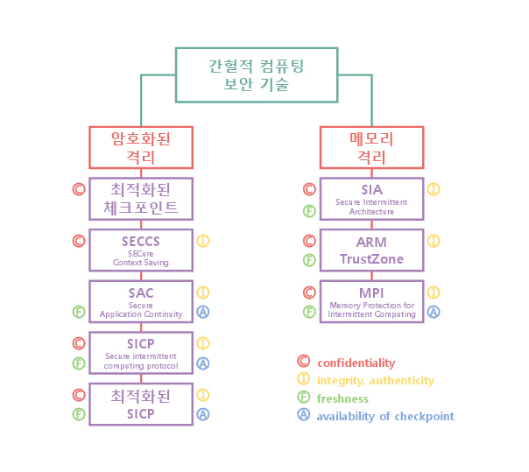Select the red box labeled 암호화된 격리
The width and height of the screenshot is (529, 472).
tap(141, 147)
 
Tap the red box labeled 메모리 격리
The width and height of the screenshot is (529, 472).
tap(371, 147)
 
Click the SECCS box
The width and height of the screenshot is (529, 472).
tap(141, 250)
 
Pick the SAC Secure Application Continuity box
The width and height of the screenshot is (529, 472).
tap(141, 300)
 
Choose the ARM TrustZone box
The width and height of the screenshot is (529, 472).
tap(371, 250)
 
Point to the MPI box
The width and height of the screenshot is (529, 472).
tap(371, 300)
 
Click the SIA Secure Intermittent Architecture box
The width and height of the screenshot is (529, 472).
tap(371, 199)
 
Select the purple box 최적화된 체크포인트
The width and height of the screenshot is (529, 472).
tap(141, 199)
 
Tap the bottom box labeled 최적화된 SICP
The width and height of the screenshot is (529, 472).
tap(141, 404)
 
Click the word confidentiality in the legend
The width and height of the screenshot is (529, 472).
tap(356, 363)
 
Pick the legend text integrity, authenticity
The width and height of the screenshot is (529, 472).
tap(375, 380)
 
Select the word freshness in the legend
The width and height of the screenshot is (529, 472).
tap(342, 398)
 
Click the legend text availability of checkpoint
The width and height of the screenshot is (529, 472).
tap(385, 416)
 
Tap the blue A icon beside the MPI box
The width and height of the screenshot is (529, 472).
tap(434, 311)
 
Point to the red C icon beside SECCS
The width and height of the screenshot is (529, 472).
tap(79, 240)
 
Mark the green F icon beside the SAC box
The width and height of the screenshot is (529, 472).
tap(79, 311)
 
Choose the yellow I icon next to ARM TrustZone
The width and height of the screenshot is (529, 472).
tap(434, 240)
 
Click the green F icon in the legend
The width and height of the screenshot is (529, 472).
tap(304, 398)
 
